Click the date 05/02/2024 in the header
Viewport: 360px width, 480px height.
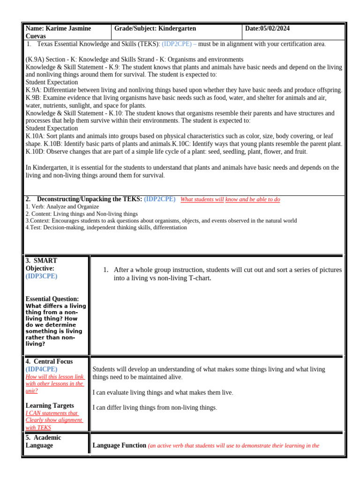(274, 29)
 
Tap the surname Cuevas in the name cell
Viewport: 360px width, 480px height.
(37, 36)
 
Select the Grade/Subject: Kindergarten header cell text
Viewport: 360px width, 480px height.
(155, 29)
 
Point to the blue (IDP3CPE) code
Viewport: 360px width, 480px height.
(42, 276)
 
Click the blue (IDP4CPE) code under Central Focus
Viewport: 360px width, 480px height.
(42, 369)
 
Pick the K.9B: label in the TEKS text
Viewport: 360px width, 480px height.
(33, 97)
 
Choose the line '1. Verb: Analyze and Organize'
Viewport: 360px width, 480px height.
(62, 206)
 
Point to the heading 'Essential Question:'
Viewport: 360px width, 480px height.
(52, 299)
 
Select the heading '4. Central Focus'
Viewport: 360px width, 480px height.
(49, 361)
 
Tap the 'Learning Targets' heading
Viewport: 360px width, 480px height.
(50, 405)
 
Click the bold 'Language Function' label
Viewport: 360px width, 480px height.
(120, 446)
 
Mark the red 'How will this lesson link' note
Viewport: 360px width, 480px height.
(55, 376)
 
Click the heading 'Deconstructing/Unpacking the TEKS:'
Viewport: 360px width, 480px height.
(89, 199)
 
